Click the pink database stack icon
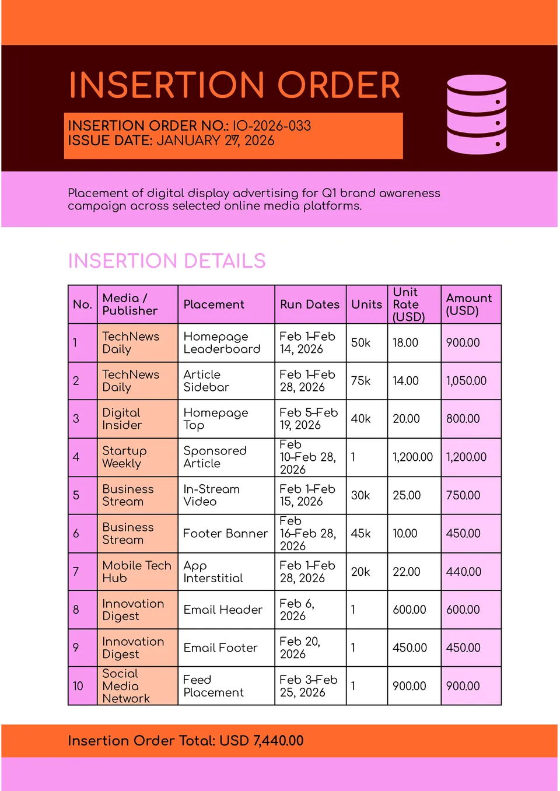[476, 114]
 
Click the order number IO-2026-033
[271, 125]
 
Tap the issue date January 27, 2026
[215, 141]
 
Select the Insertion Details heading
[167, 261]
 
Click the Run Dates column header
[309, 304]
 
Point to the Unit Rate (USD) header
[408, 304]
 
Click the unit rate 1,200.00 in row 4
[412, 457]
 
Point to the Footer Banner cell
[225, 534]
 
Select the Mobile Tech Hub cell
[136, 572]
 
